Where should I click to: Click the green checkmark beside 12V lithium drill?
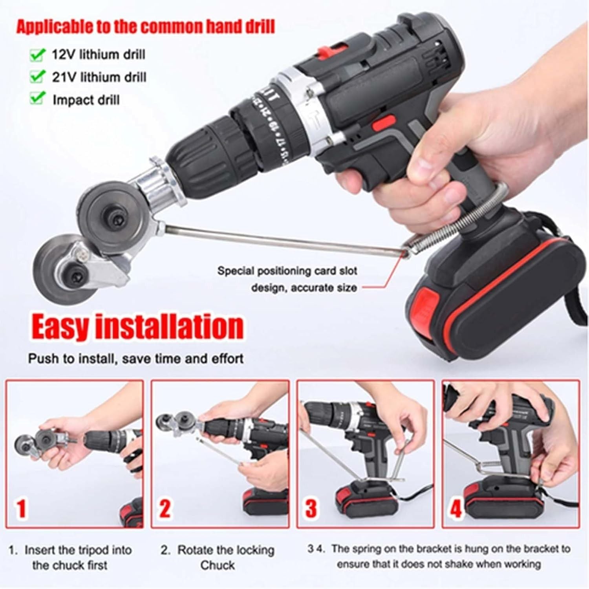[37, 55]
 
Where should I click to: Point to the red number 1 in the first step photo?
[21, 508]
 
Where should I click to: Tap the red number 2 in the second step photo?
[165, 508]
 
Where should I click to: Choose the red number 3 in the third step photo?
[311, 508]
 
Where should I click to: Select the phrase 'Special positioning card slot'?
[287, 271]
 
